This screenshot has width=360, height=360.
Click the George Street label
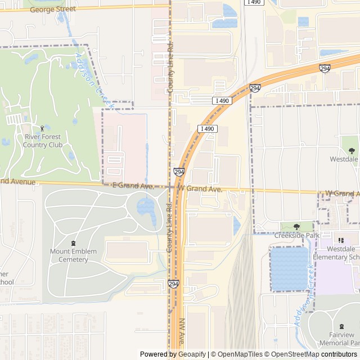click(x=52, y=10)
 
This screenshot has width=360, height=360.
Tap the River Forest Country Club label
click(x=43, y=141)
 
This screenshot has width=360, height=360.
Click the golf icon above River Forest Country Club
click(x=43, y=128)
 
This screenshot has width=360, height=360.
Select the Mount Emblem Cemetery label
click(x=73, y=255)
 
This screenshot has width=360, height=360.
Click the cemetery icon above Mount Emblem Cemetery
click(x=73, y=243)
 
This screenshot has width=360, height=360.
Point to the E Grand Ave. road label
click(x=133, y=185)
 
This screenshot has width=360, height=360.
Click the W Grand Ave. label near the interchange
click(x=200, y=190)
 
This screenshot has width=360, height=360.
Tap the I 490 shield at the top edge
click(x=254, y=3)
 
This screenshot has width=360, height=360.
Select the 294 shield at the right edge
click(x=325, y=68)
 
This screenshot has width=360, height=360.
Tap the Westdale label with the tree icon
click(x=344, y=159)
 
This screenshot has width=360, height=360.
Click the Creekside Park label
click(x=296, y=236)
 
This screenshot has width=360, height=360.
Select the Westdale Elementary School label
click(x=343, y=253)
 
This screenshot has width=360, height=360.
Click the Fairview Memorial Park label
click(x=340, y=339)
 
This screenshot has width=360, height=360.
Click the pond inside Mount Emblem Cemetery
click(x=146, y=208)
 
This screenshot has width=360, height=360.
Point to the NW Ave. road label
click(x=183, y=332)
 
